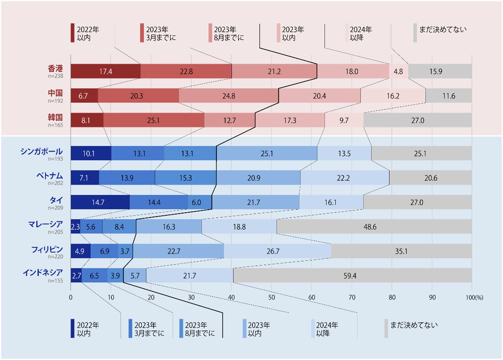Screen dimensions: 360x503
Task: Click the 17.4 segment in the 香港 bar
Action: (106, 71)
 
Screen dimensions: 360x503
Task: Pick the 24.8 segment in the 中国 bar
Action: (229, 96)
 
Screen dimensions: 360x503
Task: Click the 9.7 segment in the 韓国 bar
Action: (344, 120)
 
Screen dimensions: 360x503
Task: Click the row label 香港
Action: (55, 69)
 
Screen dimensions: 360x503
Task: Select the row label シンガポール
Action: (41, 152)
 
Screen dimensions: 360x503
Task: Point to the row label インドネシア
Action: (43, 273)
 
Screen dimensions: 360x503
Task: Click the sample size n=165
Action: (55, 125)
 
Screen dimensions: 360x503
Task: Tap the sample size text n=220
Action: (55, 257)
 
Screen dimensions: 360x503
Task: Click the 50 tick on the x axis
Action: (272, 297)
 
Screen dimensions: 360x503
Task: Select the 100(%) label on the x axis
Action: (474, 297)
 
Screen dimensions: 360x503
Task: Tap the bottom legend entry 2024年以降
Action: (326, 329)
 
